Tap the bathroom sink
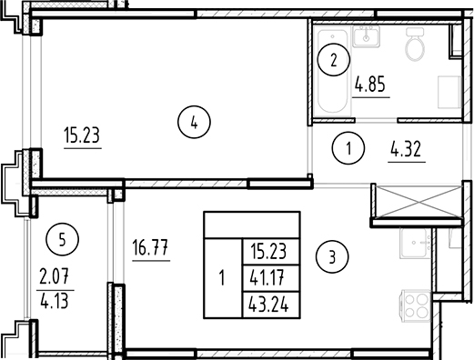(368, 36)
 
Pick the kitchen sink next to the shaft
(419, 242)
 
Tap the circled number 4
(195, 121)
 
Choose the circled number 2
(334, 62)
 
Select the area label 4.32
(406, 149)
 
